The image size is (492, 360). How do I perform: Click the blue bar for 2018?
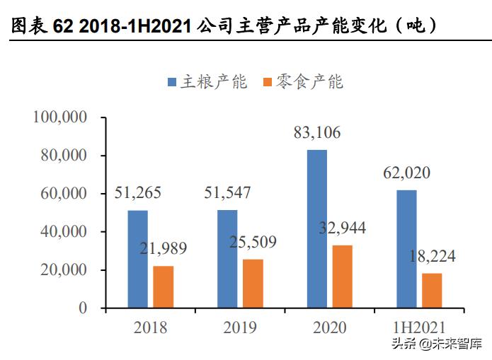pyautogui.click(x=138, y=259)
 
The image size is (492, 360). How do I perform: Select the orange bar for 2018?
pyautogui.click(x=163, y=286)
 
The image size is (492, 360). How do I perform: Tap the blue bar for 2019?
pyautogui.click(x=227, y=259)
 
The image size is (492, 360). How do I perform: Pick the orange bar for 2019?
pyautogui.click(x=253, y=284)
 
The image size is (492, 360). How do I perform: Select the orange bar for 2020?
pyautogui.click(x=342, y=277)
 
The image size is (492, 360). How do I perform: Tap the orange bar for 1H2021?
pyautogui.click(x=432, y=290)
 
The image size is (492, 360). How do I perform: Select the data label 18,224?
pyautogui.click(x=431, y=257)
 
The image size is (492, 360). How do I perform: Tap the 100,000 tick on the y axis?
pyautogui.click(x=59, y=117)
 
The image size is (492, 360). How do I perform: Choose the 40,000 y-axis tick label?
pyautogui.click(x=63, y=232)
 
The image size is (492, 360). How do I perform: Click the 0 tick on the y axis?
pyautogui.click(x=83, y=308)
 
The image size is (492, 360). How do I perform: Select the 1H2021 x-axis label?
pyautogui.click(x=418, y=327)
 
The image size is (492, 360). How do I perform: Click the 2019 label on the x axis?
pyautogui.click(x=239, y=327)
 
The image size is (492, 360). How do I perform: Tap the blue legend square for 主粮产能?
pyautogui.click(x=172, y=83)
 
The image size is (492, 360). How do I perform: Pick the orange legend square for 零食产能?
pyautogui.click(x=267, y=83)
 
